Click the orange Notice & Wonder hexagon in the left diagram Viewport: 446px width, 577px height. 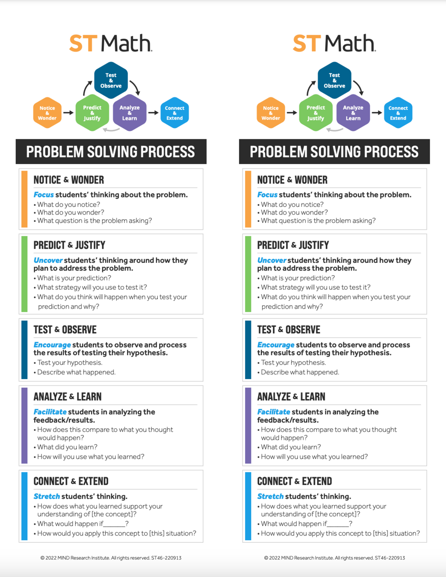47,113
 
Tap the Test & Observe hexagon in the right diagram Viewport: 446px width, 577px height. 334,80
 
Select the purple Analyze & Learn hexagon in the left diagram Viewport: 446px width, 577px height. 130,113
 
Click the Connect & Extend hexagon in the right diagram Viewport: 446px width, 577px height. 398,113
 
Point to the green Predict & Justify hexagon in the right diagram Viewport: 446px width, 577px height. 316,113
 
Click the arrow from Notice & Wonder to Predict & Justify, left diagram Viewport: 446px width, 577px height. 68,113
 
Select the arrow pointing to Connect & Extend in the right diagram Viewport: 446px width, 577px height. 377,113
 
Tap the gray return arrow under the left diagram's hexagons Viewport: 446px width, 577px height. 111,130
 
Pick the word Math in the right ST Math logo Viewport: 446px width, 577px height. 350,44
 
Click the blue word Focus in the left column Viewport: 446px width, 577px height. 44,195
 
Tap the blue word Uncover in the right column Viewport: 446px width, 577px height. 272,260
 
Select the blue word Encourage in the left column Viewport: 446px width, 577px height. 52,345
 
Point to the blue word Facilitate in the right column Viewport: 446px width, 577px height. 274,412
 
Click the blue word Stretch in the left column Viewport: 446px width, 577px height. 47,497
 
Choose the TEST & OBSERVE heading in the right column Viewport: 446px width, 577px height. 289,330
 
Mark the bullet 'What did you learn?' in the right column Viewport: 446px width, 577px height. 291,447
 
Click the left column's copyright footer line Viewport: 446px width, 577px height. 111,558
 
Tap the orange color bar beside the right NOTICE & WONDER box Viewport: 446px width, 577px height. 248,199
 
